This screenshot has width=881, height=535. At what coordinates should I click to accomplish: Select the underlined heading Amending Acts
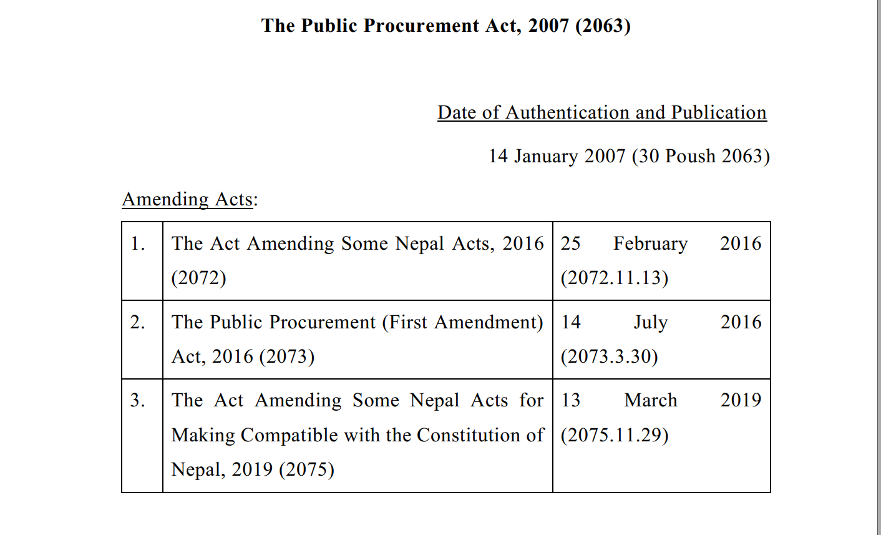pyautogui.click(x=188, y=199)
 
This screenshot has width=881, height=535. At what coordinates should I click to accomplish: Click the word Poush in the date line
pyautogui.click(x=691, y=155)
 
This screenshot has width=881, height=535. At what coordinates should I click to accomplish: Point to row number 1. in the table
pyautogui.click(x=138, y=243)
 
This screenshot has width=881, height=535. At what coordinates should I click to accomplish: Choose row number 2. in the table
pyautogui.click(x=138, y=322)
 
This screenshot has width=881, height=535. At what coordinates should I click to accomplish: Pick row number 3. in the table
pyautogui.click(x=138, y=400)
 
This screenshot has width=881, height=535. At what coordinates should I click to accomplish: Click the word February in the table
pyautogui.click(x=650, y=243)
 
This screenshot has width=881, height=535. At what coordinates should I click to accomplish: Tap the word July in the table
pyautogui.click(x=651, y=322)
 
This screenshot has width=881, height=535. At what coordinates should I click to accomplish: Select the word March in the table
pyautogui.click(x=651, y=400)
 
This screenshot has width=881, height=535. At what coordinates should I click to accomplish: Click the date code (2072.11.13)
pyautogui.click(x=615, y=278)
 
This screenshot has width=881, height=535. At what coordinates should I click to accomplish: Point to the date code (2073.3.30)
pyautogui.click(x=609, y=356)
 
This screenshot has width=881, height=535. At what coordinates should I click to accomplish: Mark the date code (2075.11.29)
pyautogui.click(x=615, y=435)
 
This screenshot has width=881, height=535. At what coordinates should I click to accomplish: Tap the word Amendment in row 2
pyautogui.click(x=487, y=322)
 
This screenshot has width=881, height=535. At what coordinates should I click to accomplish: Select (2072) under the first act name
pyautogui.click(x=199, y=278)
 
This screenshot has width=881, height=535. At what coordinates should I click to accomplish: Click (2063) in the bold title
pyautogui.click(x=603, y=26)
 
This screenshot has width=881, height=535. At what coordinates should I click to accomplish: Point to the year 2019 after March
pyautogui.click(x=741, y=400)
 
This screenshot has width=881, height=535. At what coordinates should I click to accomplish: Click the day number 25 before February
pyautogui.click(x=570, y=243)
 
